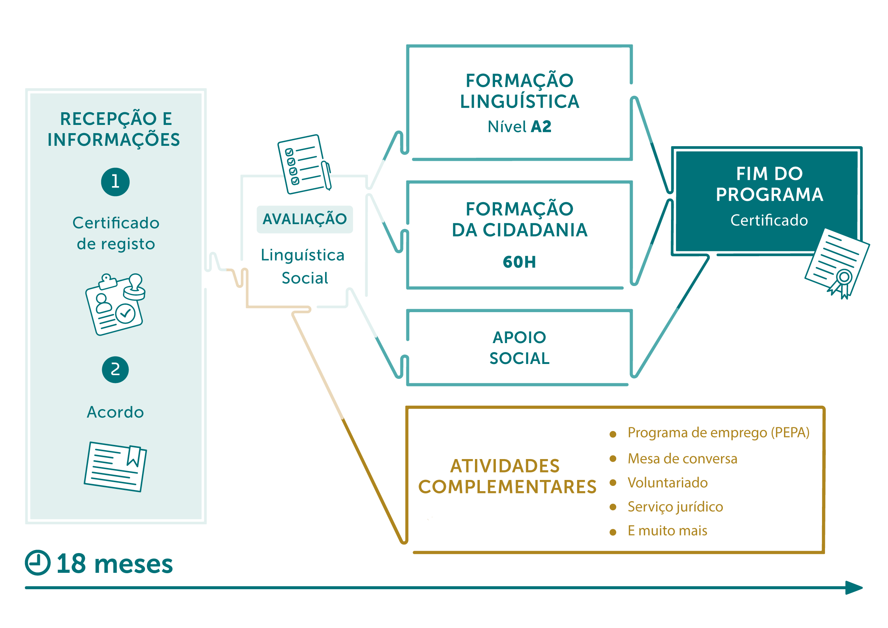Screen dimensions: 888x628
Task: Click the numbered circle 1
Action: point(115,182)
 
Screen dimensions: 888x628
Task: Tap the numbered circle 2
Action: point(115,370)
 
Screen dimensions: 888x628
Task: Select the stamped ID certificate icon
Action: point(115,304)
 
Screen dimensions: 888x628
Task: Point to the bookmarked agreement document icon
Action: point(115,467)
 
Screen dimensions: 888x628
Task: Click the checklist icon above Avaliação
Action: point(304,164)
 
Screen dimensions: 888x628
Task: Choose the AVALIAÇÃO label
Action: point(305,219)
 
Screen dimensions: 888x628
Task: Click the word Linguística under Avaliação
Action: point(302,255)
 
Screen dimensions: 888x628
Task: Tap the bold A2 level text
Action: point(541,126)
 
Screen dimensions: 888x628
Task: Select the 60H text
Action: point(519,262)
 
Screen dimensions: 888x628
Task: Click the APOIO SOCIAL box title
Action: point(519,348)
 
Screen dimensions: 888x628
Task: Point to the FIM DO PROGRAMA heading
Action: point(769,184)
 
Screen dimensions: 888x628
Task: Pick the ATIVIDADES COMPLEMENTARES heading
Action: point(507,476)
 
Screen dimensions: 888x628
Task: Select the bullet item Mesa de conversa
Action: point(682,459)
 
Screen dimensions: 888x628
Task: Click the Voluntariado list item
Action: point(668,483)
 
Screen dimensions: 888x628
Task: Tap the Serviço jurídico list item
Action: point(675,507)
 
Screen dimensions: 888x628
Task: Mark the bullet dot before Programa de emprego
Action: point(613,434)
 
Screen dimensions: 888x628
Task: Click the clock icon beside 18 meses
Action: point(38,563)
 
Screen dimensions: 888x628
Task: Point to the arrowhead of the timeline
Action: point(854,588)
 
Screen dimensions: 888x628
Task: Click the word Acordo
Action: point(115,412)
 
